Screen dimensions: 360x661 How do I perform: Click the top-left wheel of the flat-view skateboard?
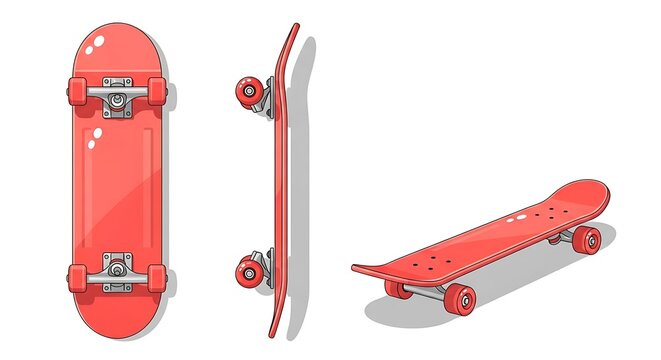point(78,91)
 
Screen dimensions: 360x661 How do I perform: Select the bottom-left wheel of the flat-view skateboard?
point(78,276)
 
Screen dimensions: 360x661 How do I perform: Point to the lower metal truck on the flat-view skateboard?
point(117,268)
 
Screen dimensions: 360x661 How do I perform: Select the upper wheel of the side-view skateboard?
point(247,91)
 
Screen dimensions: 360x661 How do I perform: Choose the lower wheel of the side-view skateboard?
point(247,270)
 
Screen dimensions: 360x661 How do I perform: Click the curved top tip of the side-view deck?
point(294,32)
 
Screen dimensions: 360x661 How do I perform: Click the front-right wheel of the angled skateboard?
point(461,298)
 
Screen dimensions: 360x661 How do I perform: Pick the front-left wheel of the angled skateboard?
point(398,290)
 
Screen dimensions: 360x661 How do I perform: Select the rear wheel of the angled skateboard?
point(588,239)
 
